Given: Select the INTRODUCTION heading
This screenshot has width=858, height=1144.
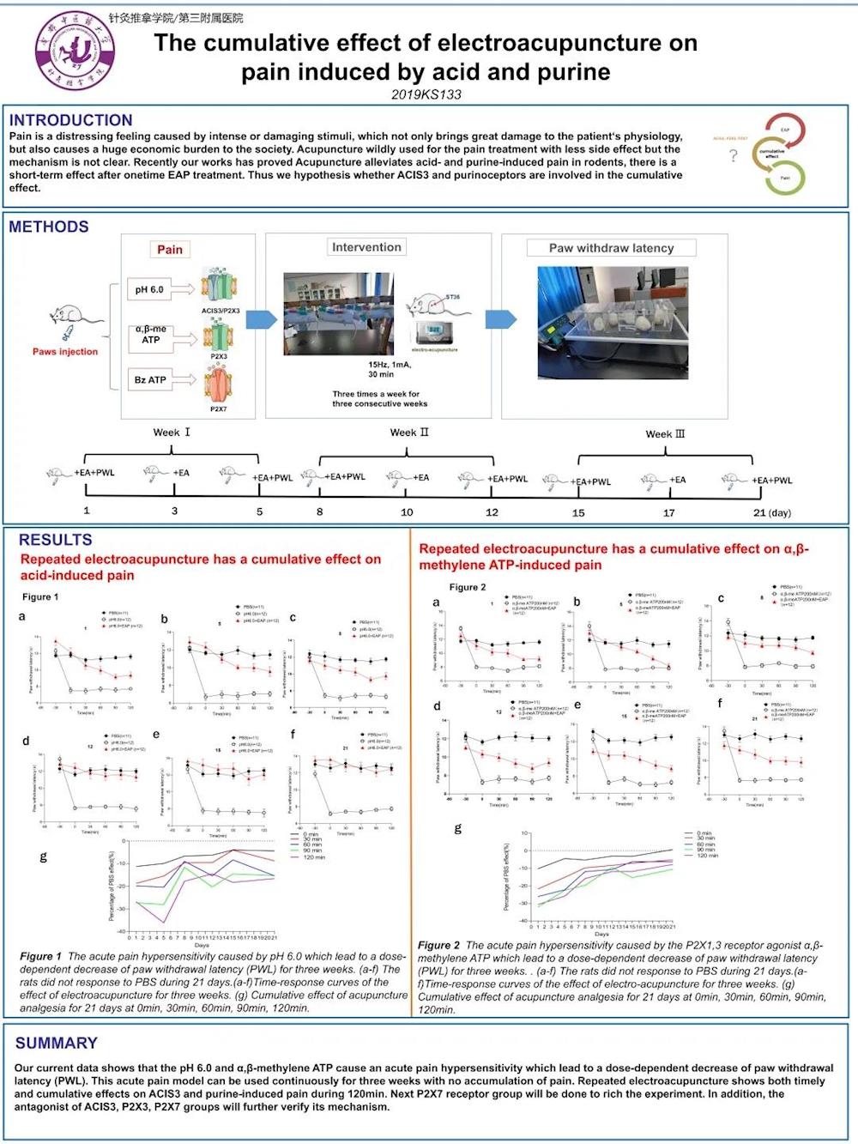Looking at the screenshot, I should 70,120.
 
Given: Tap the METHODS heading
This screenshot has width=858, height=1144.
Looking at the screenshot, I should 49,227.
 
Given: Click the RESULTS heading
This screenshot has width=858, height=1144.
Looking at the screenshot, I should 55,540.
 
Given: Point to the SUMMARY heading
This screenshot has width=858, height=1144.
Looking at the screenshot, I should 57,1043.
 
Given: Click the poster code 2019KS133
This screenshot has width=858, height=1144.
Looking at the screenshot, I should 426,94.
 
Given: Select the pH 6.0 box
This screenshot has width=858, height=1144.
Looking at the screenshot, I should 149,290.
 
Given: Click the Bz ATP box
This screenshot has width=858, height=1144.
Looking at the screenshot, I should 150,379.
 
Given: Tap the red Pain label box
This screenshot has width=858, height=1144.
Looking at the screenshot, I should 170,249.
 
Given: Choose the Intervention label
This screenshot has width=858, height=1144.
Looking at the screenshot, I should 366,247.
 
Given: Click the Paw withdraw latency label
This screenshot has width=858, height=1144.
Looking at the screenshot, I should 611,248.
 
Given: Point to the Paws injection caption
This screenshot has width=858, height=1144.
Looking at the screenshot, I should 65,352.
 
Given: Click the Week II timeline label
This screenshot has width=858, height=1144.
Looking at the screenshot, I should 409,433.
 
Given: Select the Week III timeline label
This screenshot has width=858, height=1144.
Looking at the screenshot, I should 665,434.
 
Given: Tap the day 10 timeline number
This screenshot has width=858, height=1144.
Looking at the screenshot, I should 407,512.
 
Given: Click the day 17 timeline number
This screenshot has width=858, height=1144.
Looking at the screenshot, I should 668,513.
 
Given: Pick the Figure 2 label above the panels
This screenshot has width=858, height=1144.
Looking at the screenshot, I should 468,587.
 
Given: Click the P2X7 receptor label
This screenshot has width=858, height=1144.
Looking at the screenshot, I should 219,409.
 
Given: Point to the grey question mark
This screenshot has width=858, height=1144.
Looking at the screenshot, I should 733,156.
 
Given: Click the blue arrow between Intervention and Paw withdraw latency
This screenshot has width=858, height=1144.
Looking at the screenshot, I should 500,319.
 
